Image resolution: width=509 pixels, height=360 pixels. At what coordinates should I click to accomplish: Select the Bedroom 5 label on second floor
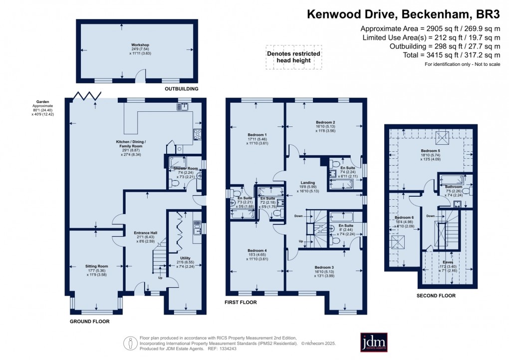pos(429,150)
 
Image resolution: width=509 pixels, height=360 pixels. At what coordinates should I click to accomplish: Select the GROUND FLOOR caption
pos(90,322)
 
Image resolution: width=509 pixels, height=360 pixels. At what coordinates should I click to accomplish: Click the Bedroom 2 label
pos(325,122)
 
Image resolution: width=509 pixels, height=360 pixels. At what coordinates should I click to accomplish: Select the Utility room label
pos(185,258)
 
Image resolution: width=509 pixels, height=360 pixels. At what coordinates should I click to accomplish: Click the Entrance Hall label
pos(146,233)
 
